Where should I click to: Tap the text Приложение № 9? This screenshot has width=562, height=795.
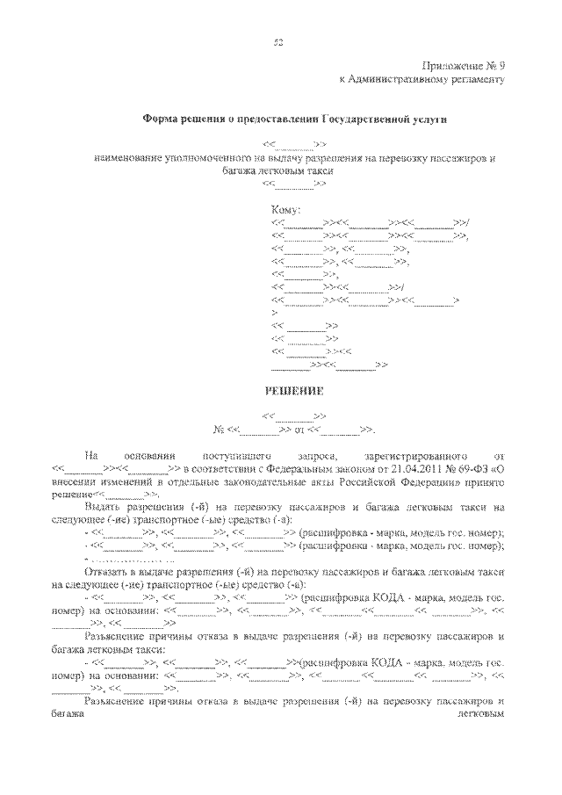tap(464, 64)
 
